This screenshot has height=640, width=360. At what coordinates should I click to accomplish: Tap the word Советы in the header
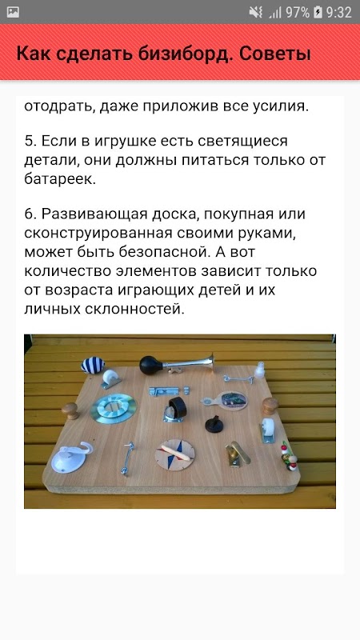[x=275, y=54]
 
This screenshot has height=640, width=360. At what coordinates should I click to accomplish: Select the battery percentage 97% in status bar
[x=297, y=13]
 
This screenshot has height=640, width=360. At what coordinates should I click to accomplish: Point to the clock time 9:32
[x=338, y=13]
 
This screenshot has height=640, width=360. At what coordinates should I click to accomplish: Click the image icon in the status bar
[x=13, y=12]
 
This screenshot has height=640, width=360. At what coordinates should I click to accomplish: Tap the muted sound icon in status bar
[x=256, y=13]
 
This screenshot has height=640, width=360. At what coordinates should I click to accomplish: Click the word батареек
[x=60, y=179]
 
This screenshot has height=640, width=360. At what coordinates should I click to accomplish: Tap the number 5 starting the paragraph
[x=29, y=141]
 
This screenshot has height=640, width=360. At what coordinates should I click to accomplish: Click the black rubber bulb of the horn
[x=150, y=365]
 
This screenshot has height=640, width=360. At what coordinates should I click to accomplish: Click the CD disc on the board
[x=114, y=408]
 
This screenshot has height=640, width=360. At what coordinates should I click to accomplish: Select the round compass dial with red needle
[x=175, y=454]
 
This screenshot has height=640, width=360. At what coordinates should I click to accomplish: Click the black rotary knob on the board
[x=214, y=425]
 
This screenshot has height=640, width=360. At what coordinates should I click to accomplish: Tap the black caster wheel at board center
[x=175, y=407]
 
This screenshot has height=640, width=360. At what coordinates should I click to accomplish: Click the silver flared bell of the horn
[x=208, y=363]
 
